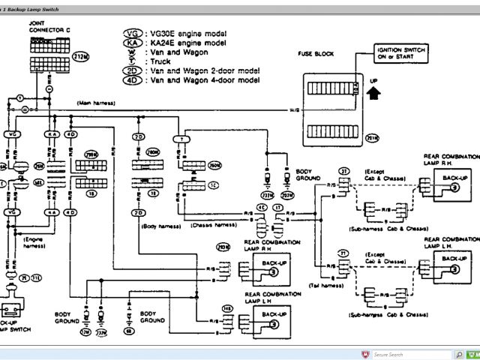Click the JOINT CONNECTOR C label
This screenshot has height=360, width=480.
pyautogui.click(x=46, y=28)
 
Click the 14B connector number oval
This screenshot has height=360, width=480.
pyautogui.click(x=226, y=308)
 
